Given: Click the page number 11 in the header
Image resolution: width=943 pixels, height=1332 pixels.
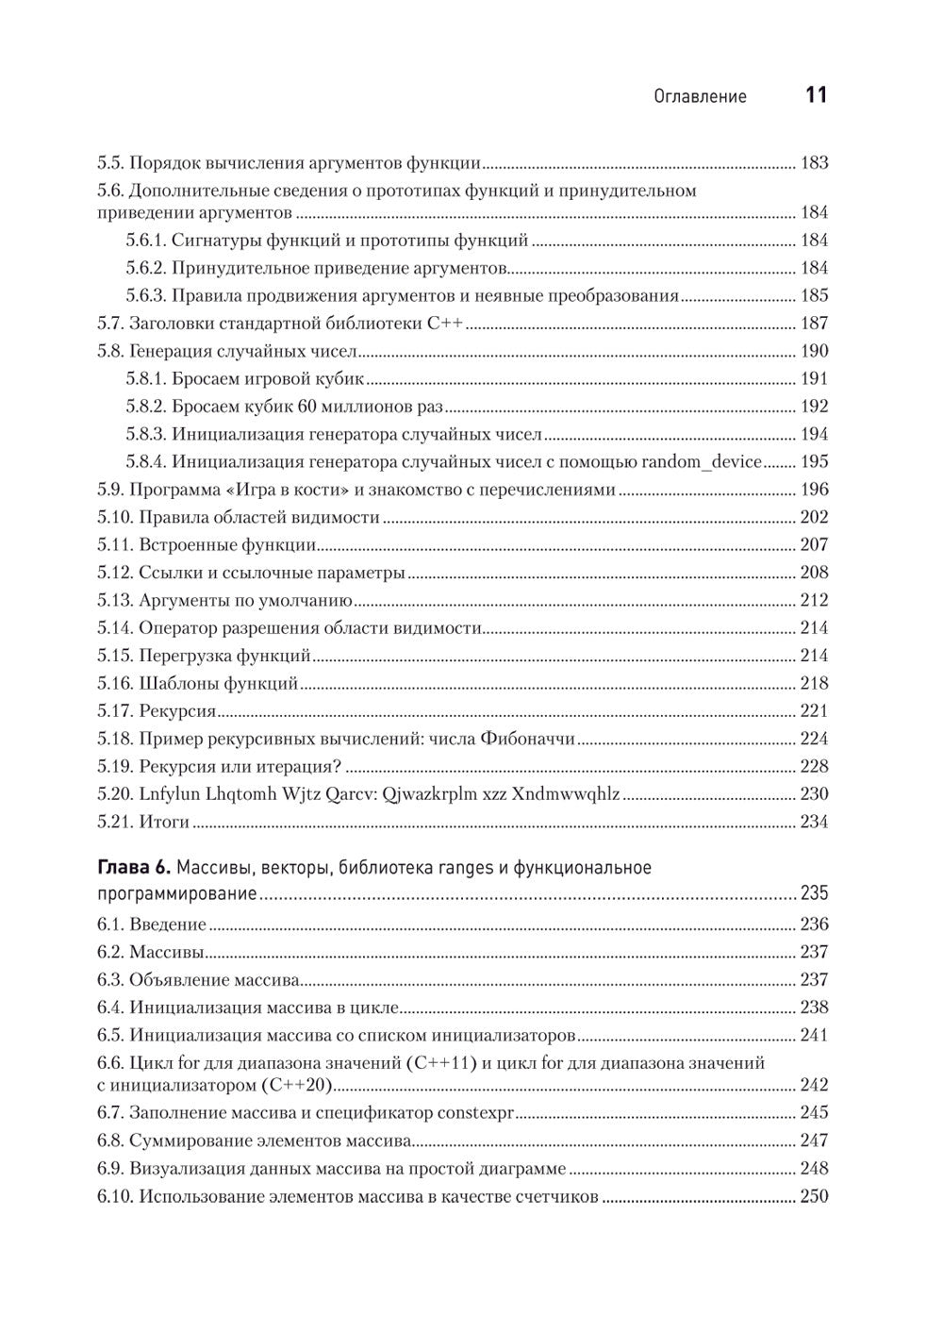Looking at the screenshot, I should [816, 95].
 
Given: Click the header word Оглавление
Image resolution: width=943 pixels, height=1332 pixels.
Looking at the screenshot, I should [700, 96].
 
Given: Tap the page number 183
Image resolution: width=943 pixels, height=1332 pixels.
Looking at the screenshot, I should [814, 163].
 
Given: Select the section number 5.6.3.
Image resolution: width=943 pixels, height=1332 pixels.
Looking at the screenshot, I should [145, 296].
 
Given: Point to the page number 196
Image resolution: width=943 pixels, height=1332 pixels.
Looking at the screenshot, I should [814, 490].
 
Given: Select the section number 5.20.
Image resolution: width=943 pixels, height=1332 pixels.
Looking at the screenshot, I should [114, 794].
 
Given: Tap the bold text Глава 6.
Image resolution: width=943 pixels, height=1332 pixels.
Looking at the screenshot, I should [134, 868].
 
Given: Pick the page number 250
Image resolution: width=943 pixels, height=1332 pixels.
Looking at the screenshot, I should [814, 1197].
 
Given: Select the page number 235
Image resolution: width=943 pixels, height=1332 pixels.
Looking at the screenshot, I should [814, 893].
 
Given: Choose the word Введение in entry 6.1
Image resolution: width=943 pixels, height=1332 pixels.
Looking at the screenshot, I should [168, 924].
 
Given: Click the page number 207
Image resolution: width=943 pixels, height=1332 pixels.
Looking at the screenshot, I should [814, 545].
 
